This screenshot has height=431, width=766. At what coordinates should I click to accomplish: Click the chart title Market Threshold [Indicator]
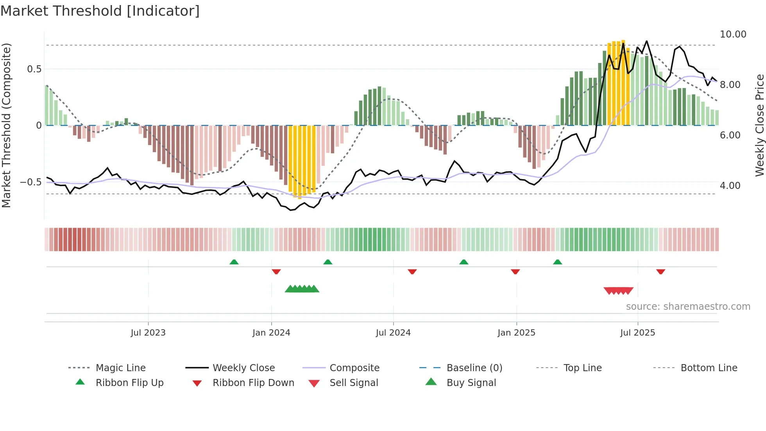(x=100, y=11)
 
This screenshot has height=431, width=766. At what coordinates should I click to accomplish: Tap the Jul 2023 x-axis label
(x=148, y=333)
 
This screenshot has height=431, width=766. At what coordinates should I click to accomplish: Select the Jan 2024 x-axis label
(x=271, y=333)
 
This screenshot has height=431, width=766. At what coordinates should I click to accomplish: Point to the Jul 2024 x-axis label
(x=393, y=333)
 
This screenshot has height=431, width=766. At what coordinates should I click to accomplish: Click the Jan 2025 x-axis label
(x=516, y=333)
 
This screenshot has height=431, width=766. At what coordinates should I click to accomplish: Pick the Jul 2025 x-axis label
(x=637, y=333)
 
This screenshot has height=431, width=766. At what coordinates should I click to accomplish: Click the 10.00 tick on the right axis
(x=733, y=34)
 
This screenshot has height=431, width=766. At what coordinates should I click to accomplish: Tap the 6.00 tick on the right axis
(x=730, y=135)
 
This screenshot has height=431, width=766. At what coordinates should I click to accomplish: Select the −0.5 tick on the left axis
(x=31, y=182)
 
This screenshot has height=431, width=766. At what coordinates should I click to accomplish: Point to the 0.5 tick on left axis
(x=34, y=69)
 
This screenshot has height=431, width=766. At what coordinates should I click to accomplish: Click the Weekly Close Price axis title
(x=759, y=125)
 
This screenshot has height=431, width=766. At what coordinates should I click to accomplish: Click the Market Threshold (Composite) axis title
(x=6, y=125)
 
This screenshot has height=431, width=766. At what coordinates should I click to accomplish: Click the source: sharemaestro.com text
(x=688, y=307)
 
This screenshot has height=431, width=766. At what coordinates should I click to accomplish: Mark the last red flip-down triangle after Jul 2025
(x=660, y=271)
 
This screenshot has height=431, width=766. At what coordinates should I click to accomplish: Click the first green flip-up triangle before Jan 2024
(x=234, y=262)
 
